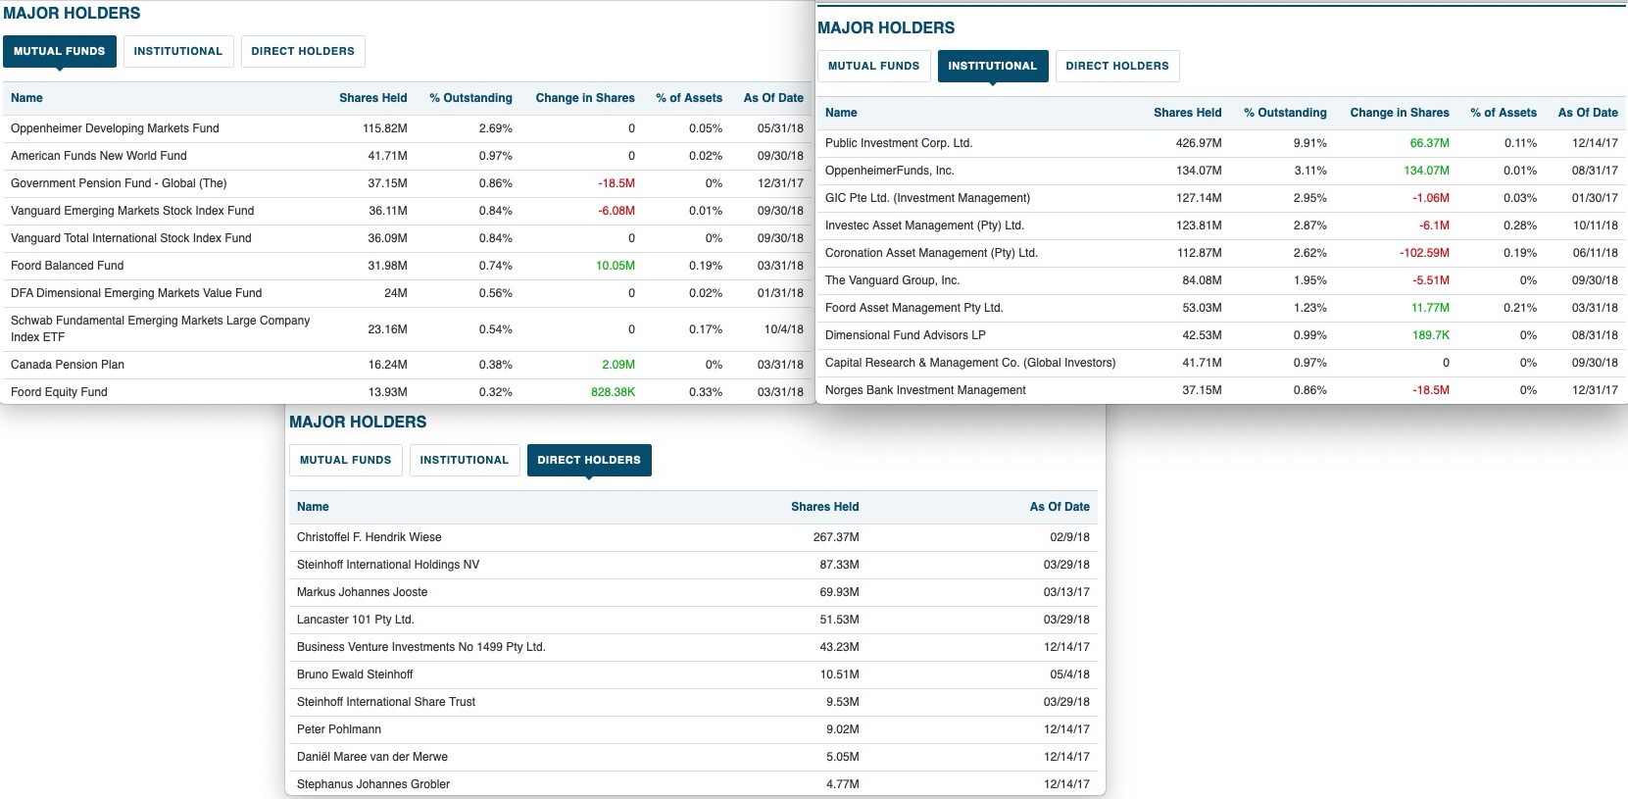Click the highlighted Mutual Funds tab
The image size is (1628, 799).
[x=60, y=51]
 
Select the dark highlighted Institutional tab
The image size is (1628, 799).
[x=992, y=66]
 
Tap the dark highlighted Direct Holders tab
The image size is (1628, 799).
[x=588, y=460]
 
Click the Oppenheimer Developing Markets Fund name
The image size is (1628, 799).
[x=115, y=128]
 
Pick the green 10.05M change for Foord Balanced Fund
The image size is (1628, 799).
[x=615, y=266]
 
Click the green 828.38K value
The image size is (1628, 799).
[x=613, y=392]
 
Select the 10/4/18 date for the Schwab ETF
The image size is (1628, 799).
[x=783, y=329]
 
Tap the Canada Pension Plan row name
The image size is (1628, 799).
[x=68, y=365]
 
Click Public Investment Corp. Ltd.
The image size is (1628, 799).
[x=898, y=143]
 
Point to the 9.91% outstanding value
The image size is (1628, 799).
[x=1309, y=143]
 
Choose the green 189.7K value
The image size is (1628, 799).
[x=1430, y=335]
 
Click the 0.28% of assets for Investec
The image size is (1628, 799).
[x=1519, y=225]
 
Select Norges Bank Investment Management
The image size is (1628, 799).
[x=925, y=390]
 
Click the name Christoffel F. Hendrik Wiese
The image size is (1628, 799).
[x=369, y=537]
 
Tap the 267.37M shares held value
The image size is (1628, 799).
[x=835, y=537]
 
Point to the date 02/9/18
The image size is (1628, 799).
[x=1068, y=537]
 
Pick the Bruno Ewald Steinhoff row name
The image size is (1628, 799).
[x=355, y=674]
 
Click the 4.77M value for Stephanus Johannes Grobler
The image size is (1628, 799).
[x=842, y=784]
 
